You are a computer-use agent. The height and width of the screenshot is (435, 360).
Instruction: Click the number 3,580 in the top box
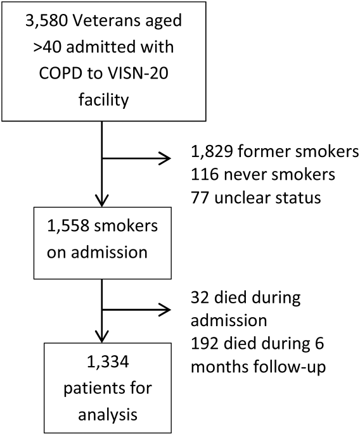pyautogui.click(x=46, y=21)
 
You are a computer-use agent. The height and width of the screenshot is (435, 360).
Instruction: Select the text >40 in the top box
pyautogui.click(x=47, y=47)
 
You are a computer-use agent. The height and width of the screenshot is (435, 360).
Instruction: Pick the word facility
pyautogui.click(x=103, y=100)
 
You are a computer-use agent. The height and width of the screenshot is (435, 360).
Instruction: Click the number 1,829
pyautogui.click(x=212, y=152)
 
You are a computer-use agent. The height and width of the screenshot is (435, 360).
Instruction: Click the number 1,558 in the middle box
pyautogui.click(x=68, y=226)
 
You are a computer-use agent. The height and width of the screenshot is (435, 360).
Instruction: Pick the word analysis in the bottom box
pyautogui.click(x=108, y=415)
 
